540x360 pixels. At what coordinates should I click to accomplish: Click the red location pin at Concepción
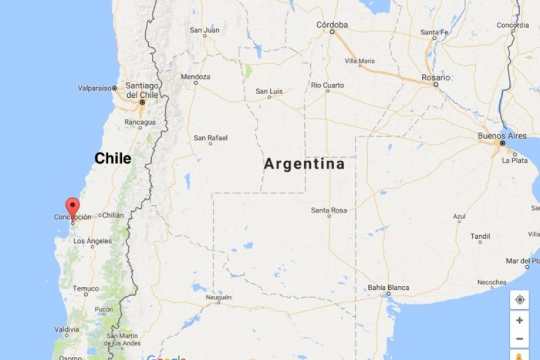coord(73,208)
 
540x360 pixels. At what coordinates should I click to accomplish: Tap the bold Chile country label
coord(113,158)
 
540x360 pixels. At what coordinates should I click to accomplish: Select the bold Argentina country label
coord(304,164)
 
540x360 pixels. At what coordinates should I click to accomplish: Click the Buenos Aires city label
coord(502,136)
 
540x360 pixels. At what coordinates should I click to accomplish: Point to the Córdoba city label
coord(332,25)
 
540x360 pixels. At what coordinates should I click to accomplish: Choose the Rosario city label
coord(436,77)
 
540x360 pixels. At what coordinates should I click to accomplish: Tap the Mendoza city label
coord(196,77)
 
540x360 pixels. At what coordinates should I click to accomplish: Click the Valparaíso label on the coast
coord(95,88)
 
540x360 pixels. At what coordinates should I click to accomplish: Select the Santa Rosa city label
coord(329,210)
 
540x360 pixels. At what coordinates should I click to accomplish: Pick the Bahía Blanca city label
coord(388,287)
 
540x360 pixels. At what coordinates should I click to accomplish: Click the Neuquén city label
coord(218,298)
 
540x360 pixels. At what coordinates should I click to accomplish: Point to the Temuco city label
coord(86,289)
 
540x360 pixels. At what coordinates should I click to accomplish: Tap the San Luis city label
coord(269,91)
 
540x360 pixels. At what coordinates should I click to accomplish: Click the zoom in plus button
coord(520,320)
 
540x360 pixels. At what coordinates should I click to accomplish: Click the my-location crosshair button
coord(520,299)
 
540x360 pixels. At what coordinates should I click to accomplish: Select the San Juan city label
coord(205,30)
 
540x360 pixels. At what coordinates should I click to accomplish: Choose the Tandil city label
coord(480,236)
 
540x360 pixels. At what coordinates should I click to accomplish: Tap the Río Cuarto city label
coord(328,85)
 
